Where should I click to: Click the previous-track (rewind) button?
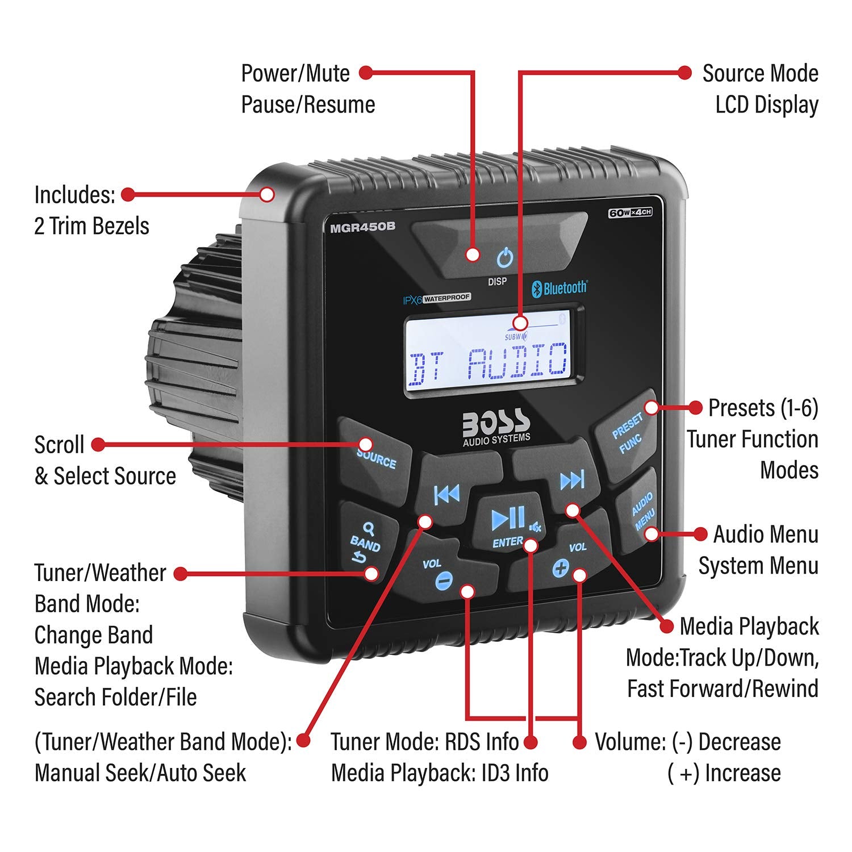[446, 495]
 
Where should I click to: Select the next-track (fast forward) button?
[571, 481]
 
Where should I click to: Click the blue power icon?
[504, 258]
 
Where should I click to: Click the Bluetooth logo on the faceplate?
[559, 288]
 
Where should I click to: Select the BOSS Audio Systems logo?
[496, 426]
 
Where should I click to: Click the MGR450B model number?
[362, 227]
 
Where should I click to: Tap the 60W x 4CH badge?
[630, 212]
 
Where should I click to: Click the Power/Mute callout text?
[295, 73]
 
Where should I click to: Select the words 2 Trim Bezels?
[91, 226]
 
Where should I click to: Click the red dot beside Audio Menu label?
[701, 534]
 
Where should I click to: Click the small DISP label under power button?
[497, 282]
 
